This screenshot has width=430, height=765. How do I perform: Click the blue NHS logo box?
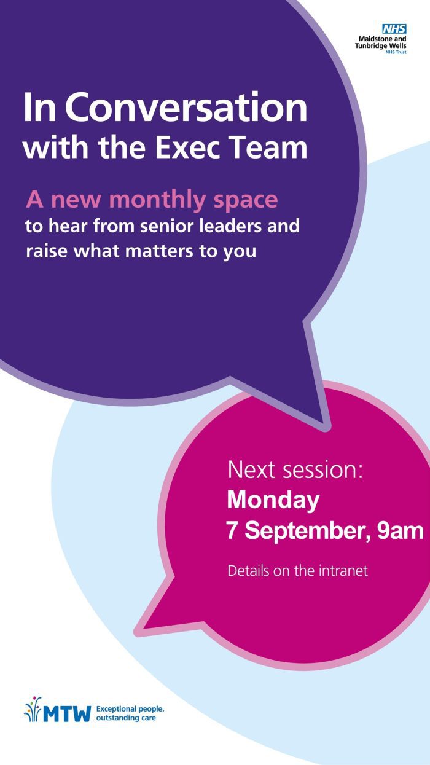pyautogui.click(x=394, y=29)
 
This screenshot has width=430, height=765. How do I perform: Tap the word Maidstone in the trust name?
pyautogui.click(x=372, y=39)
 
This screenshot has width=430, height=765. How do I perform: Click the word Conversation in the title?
pyautogui.click(x=189, y=108)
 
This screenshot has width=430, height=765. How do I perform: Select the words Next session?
pyautogui.click(x=295, y=470)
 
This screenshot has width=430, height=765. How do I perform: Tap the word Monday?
pyautogui.click(x=273, y=501)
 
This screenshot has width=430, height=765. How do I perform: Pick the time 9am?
pyautogui.click(x=401, y=531)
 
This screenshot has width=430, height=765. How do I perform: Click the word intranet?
pyautogui.click(x=343, y=571)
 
